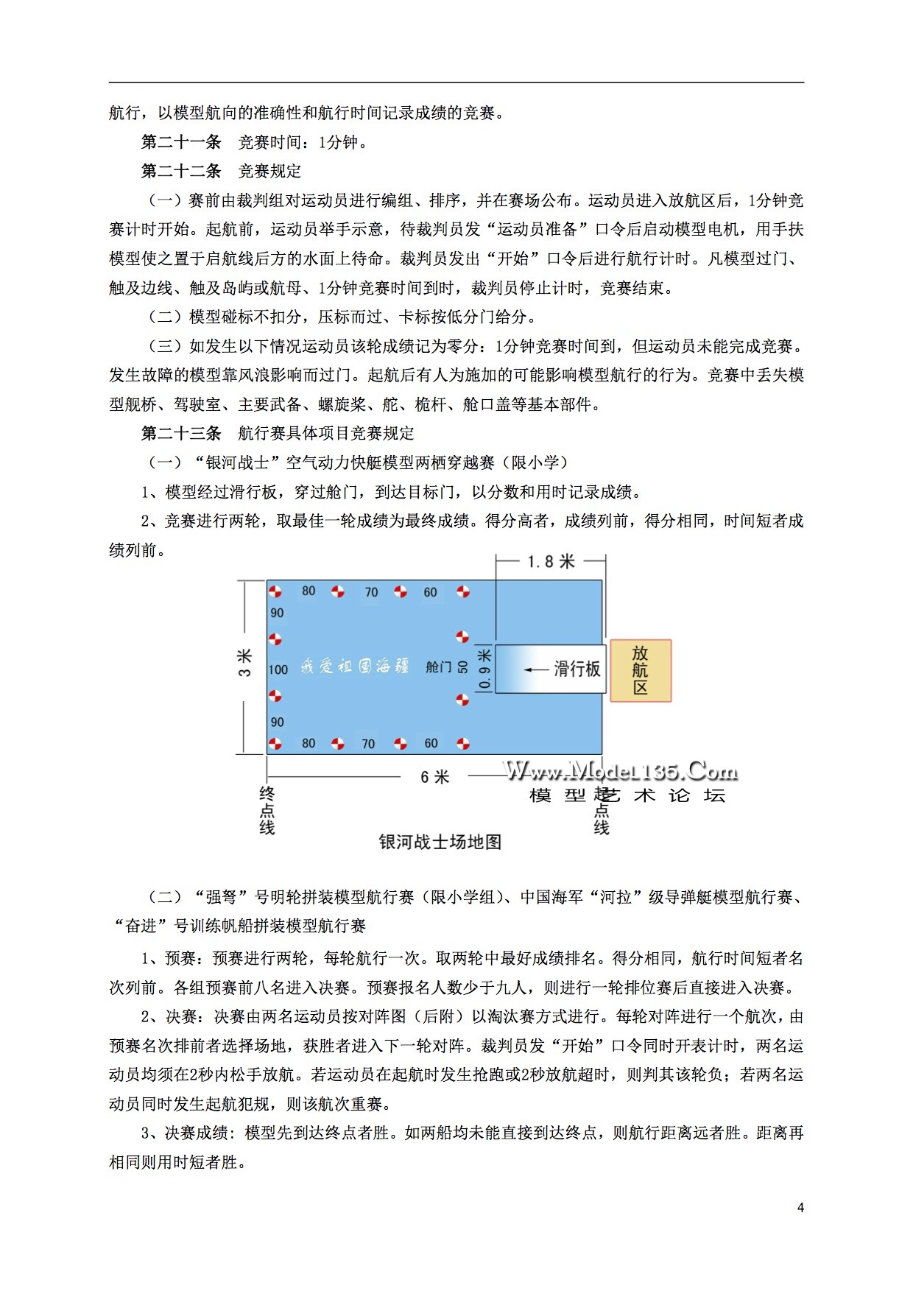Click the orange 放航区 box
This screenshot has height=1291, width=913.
click(640, 670)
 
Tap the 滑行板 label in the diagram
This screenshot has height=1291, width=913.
click(577, 669)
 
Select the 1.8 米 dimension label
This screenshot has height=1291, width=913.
click(550, 561)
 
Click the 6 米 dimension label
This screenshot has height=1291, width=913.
click(434, 777)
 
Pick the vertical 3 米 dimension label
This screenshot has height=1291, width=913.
click(245, 662)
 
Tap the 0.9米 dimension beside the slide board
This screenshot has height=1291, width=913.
click(484, 669)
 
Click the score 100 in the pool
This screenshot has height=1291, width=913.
click(278, 669)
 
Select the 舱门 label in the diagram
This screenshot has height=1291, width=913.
click(438, 667)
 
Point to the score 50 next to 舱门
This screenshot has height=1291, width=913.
click(462, 667)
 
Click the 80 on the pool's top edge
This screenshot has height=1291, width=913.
click(309, 591)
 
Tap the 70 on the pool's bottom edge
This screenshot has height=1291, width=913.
click(368, 744)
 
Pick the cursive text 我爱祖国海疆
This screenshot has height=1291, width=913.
click(354, 667)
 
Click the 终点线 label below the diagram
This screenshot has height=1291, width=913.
click(267, 811)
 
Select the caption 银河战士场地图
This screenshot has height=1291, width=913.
click(440, 842)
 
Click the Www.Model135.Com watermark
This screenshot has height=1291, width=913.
click(621, 771)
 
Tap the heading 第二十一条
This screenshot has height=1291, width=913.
click(181, 142)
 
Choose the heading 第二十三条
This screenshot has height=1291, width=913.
click(181, 433)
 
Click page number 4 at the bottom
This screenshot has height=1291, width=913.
click(800, 1207)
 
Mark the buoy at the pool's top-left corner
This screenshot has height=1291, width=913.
click(275, 591)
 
